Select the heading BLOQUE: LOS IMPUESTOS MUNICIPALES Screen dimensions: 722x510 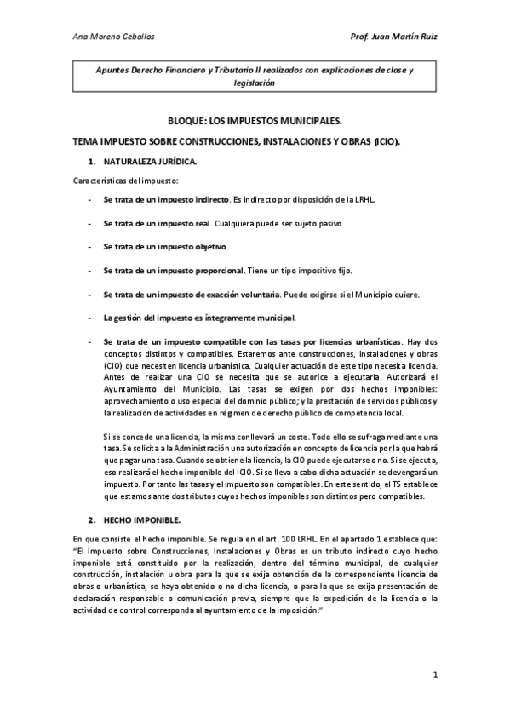point(255,123)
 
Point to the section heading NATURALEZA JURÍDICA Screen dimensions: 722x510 point(150,160)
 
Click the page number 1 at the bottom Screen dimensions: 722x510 point(434,675)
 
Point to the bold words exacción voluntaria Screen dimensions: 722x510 point(243,295)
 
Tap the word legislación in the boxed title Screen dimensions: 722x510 point(255,83)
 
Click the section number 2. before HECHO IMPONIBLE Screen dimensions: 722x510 point(91,519)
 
